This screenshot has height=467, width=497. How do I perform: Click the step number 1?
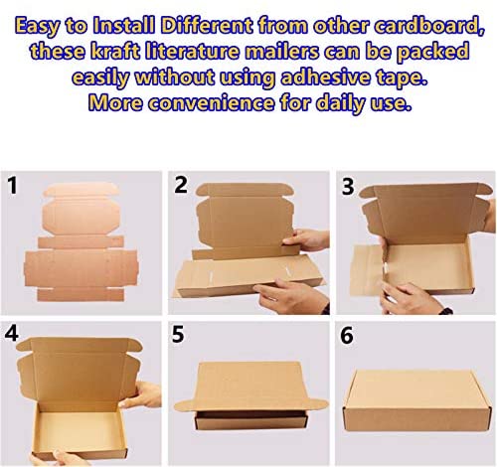[12, 186]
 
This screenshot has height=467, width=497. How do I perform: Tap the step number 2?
[181, 185]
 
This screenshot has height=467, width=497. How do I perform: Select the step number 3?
[348, 187]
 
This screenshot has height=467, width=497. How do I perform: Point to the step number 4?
[12, 333]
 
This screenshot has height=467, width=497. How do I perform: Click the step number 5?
[178, 334]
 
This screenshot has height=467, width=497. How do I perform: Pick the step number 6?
[347, 336]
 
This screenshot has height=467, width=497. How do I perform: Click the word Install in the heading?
[124, 25]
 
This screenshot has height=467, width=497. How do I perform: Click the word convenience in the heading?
[211, 102]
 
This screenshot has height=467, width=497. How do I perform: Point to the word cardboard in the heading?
[429, 26]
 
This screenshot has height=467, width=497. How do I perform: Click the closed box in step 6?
[417, 400]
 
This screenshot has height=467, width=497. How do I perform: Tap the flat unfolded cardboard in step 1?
[81, 241]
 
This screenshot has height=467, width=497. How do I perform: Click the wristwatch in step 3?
[446, 311]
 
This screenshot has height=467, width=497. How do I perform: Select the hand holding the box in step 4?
[141, 394]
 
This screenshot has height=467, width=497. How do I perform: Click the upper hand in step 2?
[305, 239]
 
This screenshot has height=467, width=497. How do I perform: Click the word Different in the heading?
[207, 25]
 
